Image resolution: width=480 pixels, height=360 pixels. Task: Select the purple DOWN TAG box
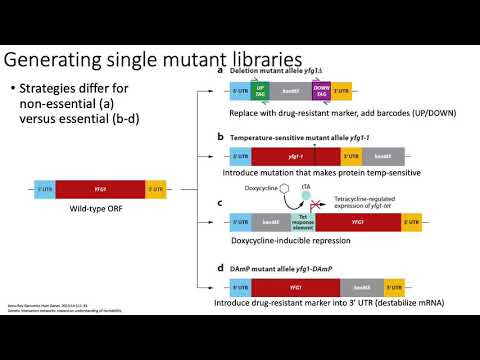pos(322,89)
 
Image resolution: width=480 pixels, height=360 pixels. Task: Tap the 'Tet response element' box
pos(312,222)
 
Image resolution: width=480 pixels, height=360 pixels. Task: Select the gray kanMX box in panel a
pos(291,89)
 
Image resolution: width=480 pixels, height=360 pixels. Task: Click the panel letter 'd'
pos(220,268)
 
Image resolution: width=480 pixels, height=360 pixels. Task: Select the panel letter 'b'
pos(220,135)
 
